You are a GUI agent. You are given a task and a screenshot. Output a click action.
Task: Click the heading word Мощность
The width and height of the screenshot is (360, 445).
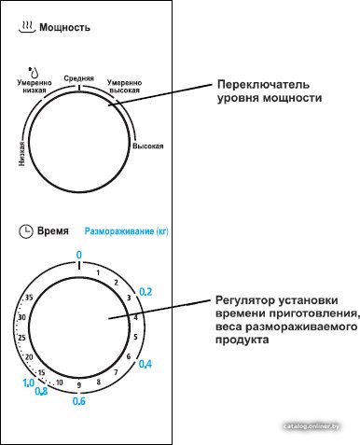[64, 27]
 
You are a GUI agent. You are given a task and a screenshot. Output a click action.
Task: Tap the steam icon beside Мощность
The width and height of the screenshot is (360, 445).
[27, 27]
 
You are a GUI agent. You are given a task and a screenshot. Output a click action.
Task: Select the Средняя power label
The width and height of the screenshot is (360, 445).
[79, 78]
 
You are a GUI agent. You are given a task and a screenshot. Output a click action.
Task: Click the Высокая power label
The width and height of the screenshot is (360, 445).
[148, 146]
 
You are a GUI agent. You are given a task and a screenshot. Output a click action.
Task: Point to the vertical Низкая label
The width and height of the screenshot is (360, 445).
[21, 154]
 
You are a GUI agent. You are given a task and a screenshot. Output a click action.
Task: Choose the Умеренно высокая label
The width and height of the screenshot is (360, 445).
[124, 87]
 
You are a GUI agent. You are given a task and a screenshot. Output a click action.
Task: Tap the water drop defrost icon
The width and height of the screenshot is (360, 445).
[34, 72]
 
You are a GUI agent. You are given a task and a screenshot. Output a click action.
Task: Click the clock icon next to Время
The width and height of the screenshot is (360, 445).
[26, 231]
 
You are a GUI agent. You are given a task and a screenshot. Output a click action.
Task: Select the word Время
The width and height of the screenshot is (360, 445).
[53, 231]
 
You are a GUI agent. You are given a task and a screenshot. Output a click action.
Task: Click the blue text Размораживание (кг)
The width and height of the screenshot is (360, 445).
[126, 231]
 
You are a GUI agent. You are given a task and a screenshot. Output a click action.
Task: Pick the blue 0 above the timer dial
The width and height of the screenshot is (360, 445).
[79, 255]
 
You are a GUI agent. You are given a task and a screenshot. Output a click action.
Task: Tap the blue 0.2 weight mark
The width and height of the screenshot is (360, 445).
[145, 292]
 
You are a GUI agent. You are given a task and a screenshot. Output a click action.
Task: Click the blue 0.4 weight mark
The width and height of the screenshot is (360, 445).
[145, 364]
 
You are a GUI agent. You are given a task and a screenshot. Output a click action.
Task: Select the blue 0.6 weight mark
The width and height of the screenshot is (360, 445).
[79, 401]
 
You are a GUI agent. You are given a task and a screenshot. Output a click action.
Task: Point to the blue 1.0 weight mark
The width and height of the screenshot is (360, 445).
[29, 382]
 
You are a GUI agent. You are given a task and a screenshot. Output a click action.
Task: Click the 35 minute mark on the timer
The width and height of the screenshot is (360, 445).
[29, 298]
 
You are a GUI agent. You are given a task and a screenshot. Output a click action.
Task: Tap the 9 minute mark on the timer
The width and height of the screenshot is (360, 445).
[79, 385]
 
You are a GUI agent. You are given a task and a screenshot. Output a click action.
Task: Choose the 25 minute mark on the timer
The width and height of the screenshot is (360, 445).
[21, 338]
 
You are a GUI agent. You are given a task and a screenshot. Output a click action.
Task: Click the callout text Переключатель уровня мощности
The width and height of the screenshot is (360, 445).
[270, 91]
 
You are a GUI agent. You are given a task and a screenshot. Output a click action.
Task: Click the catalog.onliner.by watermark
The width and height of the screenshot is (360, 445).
[312, 426]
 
